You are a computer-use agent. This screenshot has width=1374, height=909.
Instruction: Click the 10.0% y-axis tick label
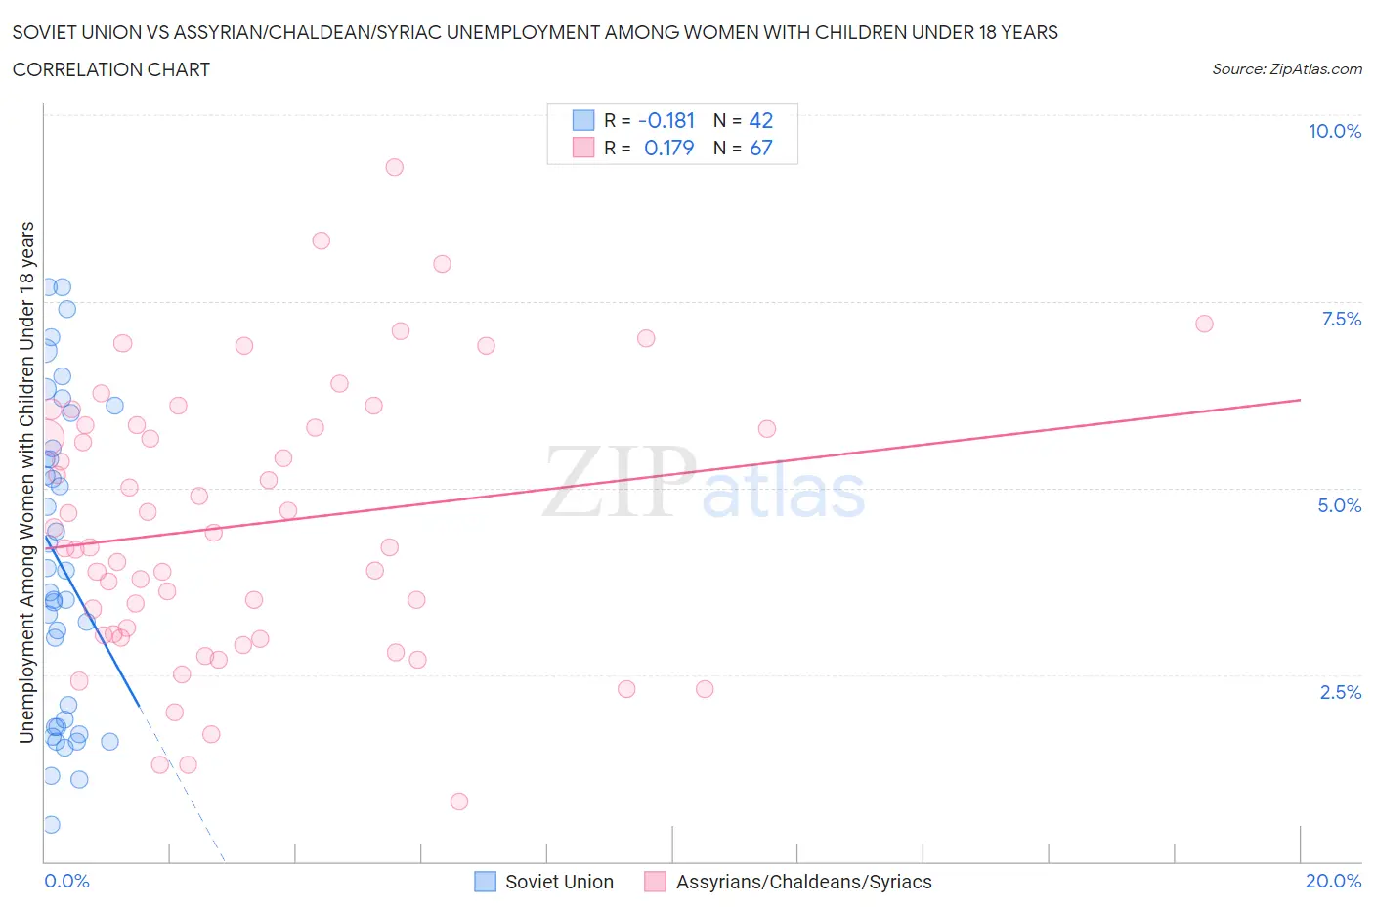(1334, 131)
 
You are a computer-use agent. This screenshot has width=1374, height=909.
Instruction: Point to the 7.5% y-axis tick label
(1340, 319)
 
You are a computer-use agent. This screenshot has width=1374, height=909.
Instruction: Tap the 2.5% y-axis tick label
(1340, 692)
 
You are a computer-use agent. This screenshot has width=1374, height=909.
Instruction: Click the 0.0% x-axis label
(66, 881)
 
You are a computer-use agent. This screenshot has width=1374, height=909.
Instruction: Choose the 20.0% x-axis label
(1333, 881)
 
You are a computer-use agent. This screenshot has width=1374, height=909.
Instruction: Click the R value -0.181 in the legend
(666, 120)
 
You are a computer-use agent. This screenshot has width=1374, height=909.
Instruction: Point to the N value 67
(760, 148)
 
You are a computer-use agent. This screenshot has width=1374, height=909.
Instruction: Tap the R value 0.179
(668, 148)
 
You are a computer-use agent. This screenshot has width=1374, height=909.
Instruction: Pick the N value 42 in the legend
(760, 120)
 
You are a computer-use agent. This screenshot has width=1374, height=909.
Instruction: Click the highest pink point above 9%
(394, 167)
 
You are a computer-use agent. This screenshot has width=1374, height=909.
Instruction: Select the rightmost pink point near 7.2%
(1204, 324)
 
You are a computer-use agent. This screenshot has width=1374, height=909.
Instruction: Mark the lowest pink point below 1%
(459, 801)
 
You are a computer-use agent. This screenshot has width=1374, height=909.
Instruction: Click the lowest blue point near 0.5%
(51, 824)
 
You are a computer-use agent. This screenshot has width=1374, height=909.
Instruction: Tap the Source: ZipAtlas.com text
(1286, 69)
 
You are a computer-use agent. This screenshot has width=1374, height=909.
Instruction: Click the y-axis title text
(27, 482)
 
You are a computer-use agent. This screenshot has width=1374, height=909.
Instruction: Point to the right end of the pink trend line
(1300, 400)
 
